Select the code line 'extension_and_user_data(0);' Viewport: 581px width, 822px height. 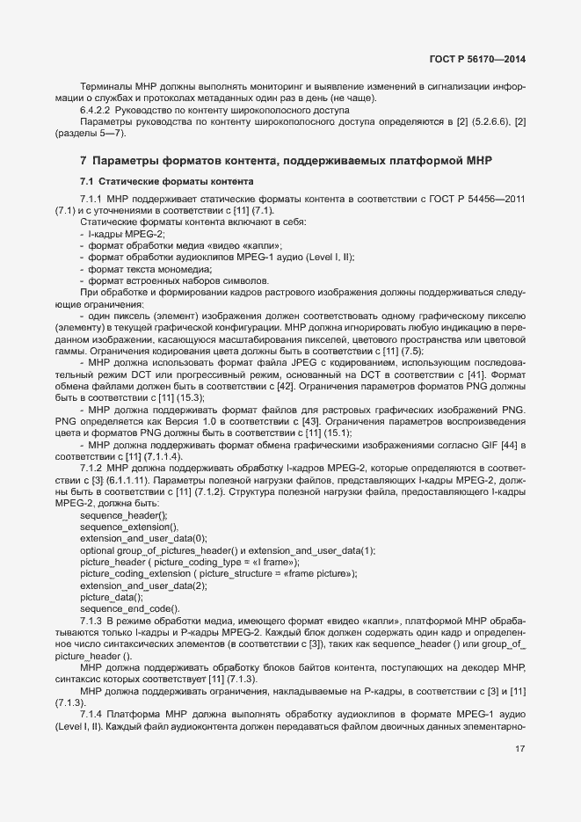tap(143, 538)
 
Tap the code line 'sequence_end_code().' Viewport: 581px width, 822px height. tap(130, 608)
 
